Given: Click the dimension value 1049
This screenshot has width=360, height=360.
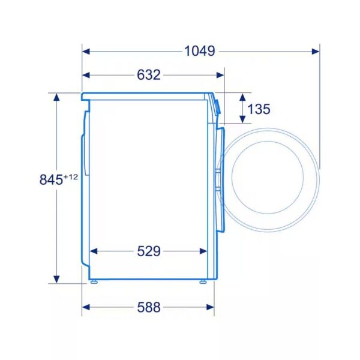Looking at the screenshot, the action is pos(200,51).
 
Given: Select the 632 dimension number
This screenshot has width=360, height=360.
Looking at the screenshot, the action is pos(149,75).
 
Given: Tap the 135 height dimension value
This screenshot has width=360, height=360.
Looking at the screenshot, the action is pos(259,109).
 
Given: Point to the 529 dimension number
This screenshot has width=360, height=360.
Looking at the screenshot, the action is pos(149,251).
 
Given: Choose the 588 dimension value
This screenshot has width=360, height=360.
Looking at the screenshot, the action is pos(149,307).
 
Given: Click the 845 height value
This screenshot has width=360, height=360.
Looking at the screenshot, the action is pos(51,179).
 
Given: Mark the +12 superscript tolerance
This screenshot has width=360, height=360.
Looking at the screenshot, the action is pos(71,177).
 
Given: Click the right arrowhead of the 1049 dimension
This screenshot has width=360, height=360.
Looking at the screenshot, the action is pos(316,51).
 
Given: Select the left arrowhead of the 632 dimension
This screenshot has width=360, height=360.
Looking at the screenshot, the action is pos(86,75).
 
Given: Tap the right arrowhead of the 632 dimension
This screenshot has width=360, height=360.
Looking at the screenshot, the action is pos(220,75).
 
